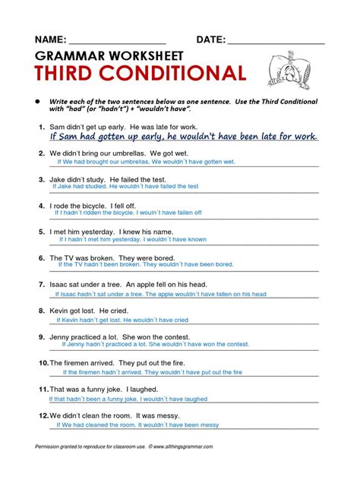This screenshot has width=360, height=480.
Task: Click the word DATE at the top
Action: (x=210, y=40)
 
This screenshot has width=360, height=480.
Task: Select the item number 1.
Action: (x=40, y=126)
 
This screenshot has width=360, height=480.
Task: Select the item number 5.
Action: (x=40, y=231)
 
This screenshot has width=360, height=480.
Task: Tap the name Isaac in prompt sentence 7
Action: (x=60, y=284)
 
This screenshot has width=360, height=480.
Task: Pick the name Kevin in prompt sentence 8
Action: (x=61, y=311)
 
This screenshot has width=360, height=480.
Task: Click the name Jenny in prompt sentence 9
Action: (x=62, y=336)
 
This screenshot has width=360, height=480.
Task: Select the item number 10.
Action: (x=43, y=363)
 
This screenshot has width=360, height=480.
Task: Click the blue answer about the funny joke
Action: (x=128, y=398)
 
